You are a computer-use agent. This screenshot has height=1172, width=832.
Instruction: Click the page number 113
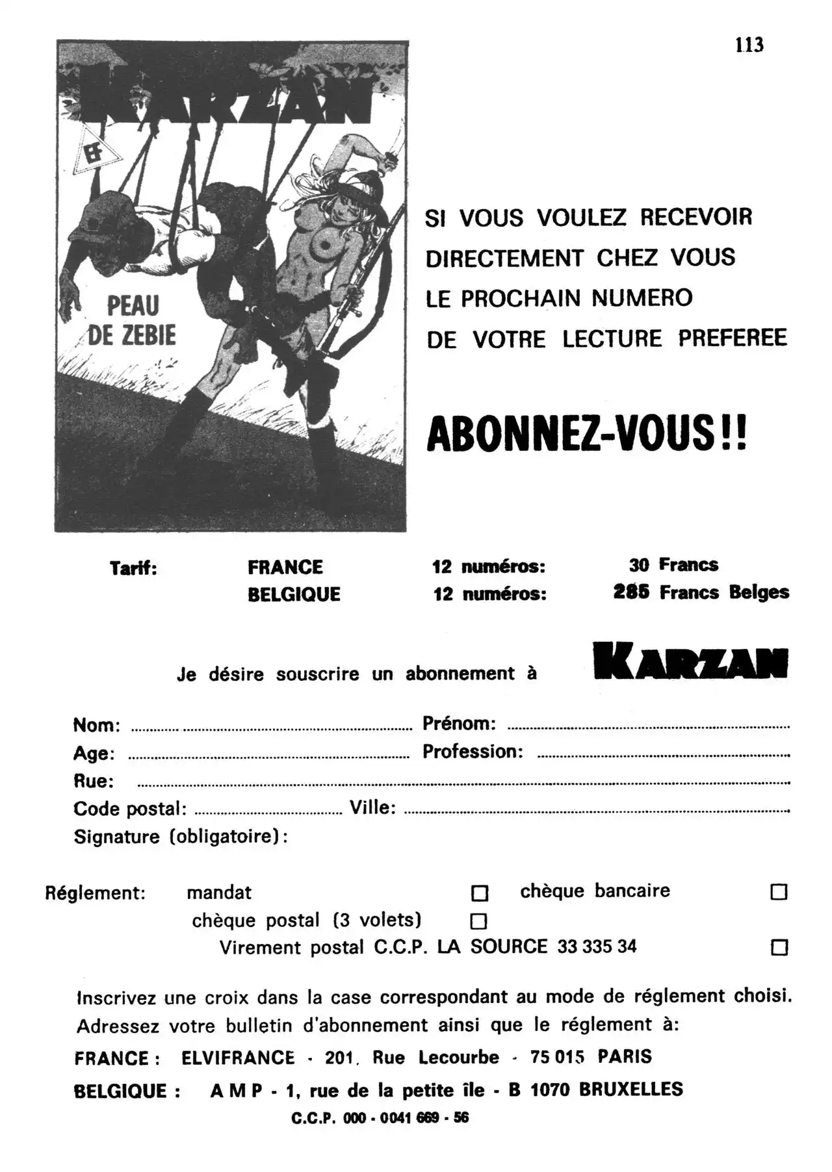[749, 45]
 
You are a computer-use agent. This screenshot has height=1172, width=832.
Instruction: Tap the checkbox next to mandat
[479, 893]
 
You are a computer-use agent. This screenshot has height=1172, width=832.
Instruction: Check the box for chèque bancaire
[778, 892]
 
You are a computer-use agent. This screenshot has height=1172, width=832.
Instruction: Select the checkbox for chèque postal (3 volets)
[478, 921]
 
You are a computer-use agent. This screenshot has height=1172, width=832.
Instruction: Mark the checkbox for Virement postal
[779, 947]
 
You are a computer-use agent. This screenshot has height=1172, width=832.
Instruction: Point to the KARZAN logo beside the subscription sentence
[690, 662]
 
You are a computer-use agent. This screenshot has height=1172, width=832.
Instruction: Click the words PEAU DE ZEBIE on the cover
[132, 320]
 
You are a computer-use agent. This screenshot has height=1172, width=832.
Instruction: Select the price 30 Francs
[673, 565]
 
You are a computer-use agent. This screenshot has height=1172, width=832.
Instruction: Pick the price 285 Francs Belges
[701, 592]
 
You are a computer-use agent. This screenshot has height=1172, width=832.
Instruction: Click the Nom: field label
[96, 724]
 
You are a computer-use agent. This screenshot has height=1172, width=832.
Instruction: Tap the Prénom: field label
[459, 723]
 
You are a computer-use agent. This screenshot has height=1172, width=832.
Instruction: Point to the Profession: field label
[473, 752]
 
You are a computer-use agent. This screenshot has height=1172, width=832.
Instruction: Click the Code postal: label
[130, 809]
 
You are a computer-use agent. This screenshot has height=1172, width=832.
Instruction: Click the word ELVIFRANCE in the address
[238, 1058]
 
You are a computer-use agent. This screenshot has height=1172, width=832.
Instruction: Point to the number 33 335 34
[597, 947]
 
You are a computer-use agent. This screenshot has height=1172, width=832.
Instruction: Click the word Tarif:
[133, 568]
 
